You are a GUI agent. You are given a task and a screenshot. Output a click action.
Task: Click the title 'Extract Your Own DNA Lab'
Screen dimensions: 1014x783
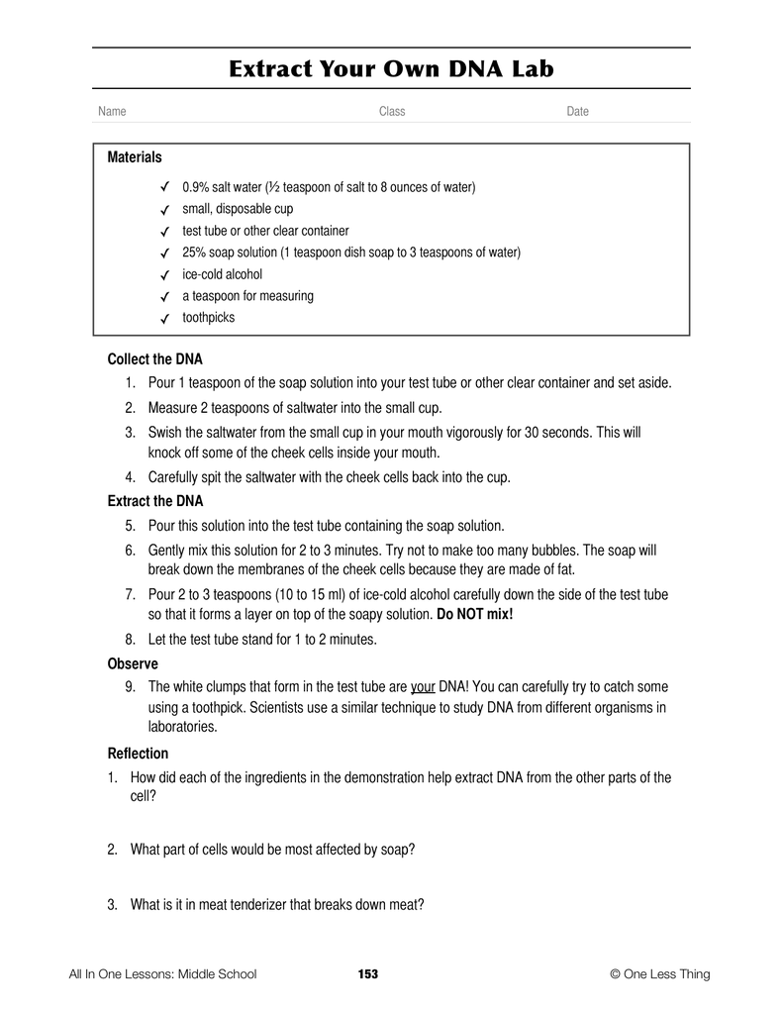pos(391,68)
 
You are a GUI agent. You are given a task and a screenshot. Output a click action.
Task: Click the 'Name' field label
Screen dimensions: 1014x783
pos(112,112)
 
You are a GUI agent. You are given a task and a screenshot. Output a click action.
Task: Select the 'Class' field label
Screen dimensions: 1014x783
pos(392,112)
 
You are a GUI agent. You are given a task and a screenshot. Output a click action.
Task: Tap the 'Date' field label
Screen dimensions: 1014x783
pos(577,112)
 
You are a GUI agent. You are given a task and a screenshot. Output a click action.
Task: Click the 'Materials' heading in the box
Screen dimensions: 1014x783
pos(134,157)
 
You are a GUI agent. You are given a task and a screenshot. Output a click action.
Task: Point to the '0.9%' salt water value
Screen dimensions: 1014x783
pos(197,187)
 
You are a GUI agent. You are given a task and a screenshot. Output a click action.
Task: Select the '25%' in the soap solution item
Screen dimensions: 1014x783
pos(194,253)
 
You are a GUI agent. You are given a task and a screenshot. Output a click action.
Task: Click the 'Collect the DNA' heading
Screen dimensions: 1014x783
pos(154,359)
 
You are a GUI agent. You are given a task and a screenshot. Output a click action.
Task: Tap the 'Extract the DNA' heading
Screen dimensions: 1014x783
pos(154,502)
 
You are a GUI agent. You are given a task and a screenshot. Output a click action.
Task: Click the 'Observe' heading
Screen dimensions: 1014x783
pos(133,664)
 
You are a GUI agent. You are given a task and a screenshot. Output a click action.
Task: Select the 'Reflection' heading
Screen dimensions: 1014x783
pos(138,754)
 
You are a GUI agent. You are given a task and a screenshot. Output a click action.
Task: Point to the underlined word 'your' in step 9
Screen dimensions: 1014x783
pos(423,686)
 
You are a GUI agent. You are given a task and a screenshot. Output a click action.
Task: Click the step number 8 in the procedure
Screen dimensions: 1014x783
pos(130,640)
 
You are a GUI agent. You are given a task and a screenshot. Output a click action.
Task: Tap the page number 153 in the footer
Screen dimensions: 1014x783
pos(368,974)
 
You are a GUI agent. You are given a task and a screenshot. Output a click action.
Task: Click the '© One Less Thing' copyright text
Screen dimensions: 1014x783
pos(660,974)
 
